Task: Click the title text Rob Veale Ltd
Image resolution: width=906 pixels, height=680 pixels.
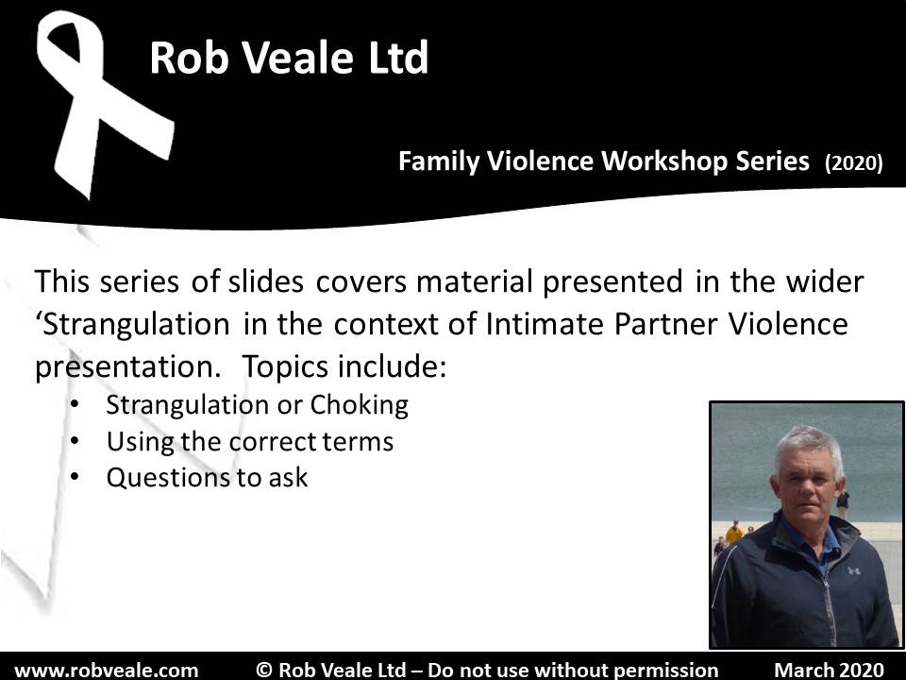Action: click(x=289, y=59)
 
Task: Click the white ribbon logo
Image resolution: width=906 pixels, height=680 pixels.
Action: click(x=104, y=104)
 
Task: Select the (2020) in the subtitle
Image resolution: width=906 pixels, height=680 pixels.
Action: click(x=853, y=163)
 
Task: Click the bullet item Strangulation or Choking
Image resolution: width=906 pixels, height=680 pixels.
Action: click(x=257, y=405)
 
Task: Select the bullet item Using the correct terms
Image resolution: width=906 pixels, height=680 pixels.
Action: click(x=249, y=441)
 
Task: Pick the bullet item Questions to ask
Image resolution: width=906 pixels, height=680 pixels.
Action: click(x=207, y=477)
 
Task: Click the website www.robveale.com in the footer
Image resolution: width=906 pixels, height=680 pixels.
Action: click(x=107, y=670)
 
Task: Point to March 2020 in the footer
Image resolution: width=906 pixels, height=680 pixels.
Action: click(x=829, y=670)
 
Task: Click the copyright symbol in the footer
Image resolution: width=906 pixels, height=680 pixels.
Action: click(x=265, y=670)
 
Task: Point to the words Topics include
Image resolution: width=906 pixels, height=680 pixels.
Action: click(x=344, y=366)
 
